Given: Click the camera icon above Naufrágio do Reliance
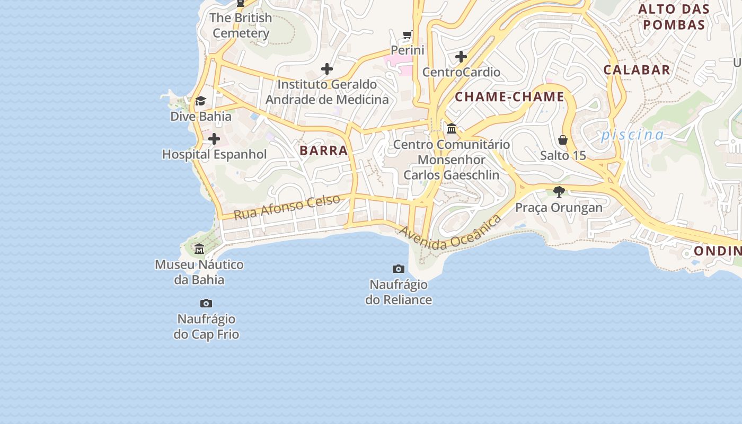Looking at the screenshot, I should coord(399,269).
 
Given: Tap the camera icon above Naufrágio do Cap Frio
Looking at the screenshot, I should coord(206,303).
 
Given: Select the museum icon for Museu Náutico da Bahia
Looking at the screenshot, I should coord(199,249).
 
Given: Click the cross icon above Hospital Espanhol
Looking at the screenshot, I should coord(214,139).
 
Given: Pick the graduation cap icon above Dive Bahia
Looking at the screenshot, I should coord(200,101).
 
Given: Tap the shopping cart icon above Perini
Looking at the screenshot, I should coord(408,35).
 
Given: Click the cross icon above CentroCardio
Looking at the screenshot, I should coord(461,56).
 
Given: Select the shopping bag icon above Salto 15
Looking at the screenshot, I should coord(563,140).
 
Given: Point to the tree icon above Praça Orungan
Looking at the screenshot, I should coord(559,191).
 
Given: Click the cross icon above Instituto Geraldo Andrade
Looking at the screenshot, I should coord(327,68).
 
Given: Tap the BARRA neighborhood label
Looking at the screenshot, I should coord(323,151).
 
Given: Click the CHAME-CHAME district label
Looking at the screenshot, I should coord(509,97).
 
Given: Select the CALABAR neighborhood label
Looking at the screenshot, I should coord(637,70).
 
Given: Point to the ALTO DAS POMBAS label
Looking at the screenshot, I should coord(674,17).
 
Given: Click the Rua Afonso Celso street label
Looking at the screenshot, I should coord(287,207).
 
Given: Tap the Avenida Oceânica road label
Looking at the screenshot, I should coord(450,233).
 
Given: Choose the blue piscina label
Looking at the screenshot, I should coord(632,135).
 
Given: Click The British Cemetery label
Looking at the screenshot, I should coord(241,25).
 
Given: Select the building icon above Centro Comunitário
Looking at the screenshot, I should coord(452,128).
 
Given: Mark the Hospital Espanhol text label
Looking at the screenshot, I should coord(214,154).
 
